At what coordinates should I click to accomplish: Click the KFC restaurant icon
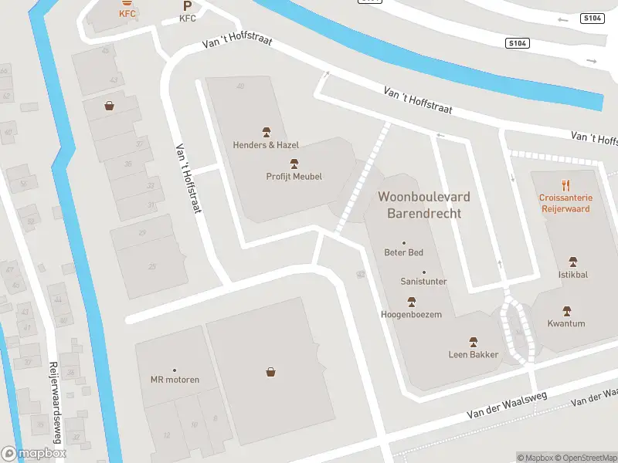pos(127,3)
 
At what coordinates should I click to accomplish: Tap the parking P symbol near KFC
pos(188,5)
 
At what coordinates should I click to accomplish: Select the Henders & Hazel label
pos(266,144)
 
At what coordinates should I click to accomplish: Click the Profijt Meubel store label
pos(294,176)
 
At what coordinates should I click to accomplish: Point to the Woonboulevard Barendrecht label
pos(423,204)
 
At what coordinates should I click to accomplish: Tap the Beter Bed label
pos(403,252)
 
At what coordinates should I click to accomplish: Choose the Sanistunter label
pos(423,282)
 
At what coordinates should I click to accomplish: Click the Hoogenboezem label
pos(411,314)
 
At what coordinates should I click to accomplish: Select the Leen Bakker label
pos(474,354)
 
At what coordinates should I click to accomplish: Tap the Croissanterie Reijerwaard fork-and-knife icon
pos(565,185)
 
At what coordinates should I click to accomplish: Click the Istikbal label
pos(572,274)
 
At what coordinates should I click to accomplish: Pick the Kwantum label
pos(566,323)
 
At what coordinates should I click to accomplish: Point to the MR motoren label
pos(175,379)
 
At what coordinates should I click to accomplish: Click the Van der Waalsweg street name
pos(506,405)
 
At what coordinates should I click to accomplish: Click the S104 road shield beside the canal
pos(518,44)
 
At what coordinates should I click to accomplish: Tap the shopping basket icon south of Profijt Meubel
pos(271,372)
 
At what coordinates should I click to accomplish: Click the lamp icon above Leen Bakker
pos(474,341)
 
